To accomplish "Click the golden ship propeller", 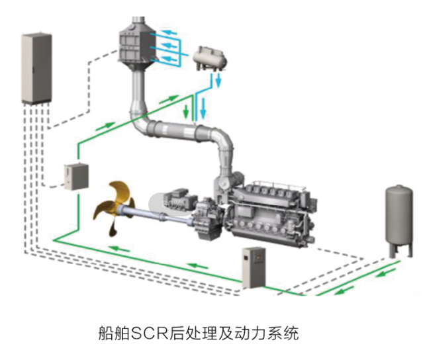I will point(112,208).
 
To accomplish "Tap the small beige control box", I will point(75,175).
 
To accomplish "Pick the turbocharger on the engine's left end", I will point(228,182).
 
